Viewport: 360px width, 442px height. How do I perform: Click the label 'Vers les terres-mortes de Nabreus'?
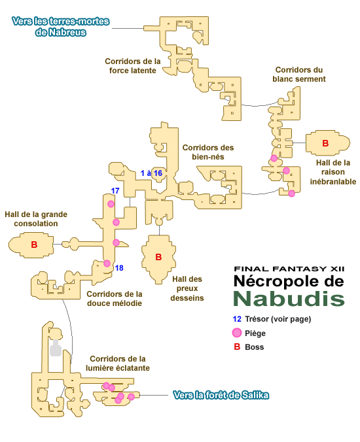coord(60,27)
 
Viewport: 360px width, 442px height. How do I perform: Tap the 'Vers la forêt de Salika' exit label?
coord(221,395)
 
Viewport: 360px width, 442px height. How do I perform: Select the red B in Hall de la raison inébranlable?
coord(325,143)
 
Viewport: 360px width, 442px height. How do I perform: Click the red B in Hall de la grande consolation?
coord(34,245)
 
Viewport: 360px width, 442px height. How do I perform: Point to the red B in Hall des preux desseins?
coord(158,257)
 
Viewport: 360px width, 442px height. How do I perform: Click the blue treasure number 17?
coord(115,191)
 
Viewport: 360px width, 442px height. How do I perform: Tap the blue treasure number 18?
coord(119,268)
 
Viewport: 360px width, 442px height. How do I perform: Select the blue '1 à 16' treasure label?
coord(151,173)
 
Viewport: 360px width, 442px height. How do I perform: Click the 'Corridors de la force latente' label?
coord(133,66)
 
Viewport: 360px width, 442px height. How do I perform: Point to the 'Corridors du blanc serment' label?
coord(299,75)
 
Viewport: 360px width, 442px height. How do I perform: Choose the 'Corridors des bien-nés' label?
coord(208,152)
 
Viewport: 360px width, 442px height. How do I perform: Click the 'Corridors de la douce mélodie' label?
coord(115,299)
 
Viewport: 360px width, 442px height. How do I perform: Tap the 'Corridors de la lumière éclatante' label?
coord(118,364)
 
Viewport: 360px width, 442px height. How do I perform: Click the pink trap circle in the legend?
coord(237,333)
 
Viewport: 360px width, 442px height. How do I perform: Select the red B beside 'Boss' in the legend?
coord(237,347)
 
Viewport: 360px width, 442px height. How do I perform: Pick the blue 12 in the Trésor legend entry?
coord(237,319)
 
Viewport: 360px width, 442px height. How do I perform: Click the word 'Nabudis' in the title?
coord(289,298)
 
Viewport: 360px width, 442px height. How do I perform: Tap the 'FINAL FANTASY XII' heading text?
coord(289,269)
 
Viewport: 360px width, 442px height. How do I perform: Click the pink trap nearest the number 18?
coord(107,263)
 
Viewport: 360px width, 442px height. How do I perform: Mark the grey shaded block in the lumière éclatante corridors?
coord(56,348)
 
